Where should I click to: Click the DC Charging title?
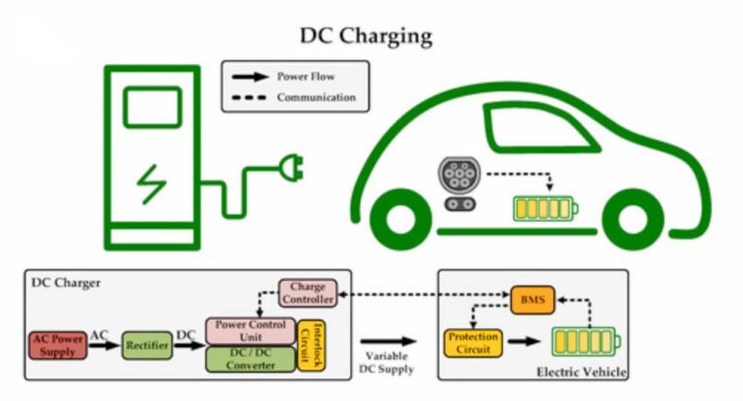(366, 36)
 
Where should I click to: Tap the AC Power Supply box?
(58, 345)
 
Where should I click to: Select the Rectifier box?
(147, 345)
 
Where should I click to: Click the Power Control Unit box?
(251, 330)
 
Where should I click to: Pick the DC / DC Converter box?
(251, 359)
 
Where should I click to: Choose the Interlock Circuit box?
(312, 346)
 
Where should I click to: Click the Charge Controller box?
(308, 293)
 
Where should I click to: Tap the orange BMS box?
(533, 300)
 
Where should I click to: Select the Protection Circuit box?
(473, 343)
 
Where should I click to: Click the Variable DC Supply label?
(387, 362)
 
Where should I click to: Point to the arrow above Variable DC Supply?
(388, 341)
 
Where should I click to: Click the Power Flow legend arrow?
(251, 77)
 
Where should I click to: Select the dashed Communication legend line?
(250, 98)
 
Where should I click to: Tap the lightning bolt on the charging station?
(152, 184)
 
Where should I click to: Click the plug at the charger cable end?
(291, 168)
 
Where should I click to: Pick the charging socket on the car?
(459, 184)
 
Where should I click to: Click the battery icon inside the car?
(546, 209)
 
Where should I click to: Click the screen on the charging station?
(152, 108)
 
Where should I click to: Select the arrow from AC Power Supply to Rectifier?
(104, 345)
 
